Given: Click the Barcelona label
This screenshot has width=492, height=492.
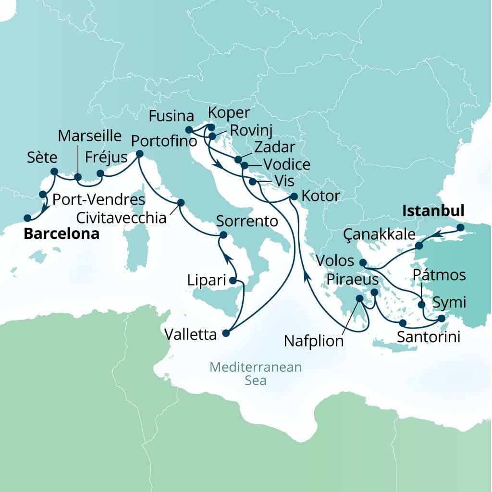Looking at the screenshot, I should [61, 234].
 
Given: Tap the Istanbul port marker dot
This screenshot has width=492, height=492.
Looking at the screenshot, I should [460, 227].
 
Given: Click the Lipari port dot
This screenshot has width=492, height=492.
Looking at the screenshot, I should [233, 281].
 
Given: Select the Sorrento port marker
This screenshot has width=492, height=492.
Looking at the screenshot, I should [223, 235].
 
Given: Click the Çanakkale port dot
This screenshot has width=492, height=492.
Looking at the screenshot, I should [419, 246].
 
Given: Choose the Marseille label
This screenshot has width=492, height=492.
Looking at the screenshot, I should [90, 135].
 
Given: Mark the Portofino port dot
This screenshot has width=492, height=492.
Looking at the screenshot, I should [140, 154].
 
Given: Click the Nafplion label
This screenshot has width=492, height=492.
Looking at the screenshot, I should [314, 341].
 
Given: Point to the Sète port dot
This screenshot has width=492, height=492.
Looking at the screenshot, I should [54, 172].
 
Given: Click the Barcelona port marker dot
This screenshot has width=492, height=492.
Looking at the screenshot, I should [27, 217].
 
